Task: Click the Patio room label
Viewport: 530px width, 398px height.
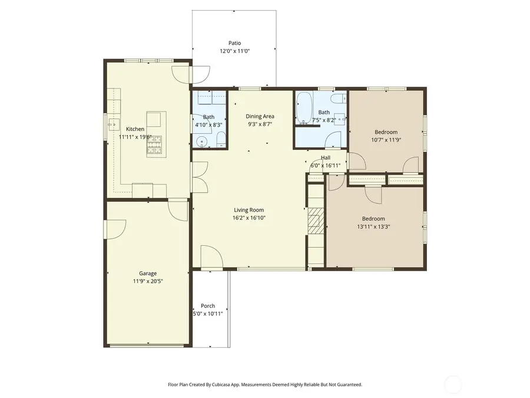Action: click(234, 43)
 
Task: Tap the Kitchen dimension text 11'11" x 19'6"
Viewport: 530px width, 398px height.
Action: click(135, 137)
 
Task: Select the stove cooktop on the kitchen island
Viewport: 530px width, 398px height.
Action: click(154, 145)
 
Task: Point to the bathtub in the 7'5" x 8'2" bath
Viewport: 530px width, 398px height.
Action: click(304, 107)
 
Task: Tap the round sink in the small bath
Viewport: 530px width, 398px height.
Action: click(202, 141)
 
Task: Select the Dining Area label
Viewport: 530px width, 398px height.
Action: click(260, 116)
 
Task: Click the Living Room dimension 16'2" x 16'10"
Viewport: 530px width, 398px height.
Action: click(249, 218)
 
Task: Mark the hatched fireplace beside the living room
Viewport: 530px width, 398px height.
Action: click(315, 221)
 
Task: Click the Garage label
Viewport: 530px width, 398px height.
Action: click(147, 274)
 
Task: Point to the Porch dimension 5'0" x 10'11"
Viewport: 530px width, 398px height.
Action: click(207, 314)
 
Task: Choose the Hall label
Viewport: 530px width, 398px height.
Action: click(325, 158)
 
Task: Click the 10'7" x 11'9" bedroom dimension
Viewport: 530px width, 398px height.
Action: click(386, 140)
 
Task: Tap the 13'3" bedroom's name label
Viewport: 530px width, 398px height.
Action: click(373, 218)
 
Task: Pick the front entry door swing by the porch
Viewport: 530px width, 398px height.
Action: click(211, 255)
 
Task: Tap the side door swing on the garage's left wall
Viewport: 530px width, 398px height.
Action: click(115, 228)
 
